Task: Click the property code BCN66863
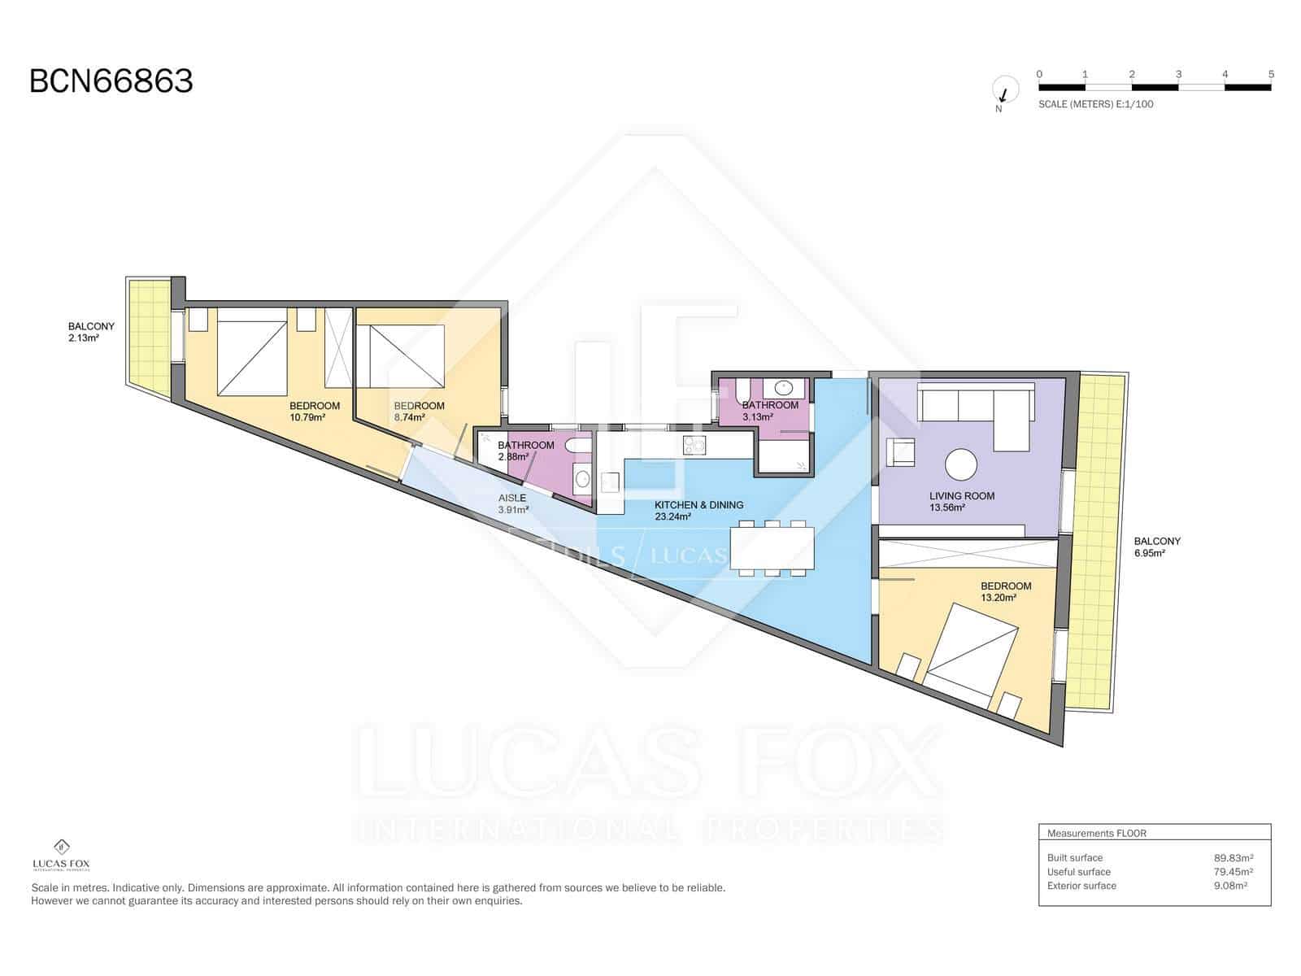(111, 81)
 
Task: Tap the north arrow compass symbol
(1005, 89)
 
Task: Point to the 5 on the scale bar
(1271, 74)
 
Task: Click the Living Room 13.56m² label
(961, 501)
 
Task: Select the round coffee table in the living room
(961, 465)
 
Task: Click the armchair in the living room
(900, 452)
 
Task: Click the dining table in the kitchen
(772, 548)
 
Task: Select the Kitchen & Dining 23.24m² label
(698, 510)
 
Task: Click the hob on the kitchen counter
(694, 445)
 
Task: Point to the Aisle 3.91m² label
(513, 503)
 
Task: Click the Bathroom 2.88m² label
(525, 451)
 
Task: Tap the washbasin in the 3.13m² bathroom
(784, 388)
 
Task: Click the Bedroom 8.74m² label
(419, 411)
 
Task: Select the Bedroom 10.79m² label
(314, 411)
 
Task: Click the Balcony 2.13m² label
(91, 331)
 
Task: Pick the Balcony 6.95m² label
(1156, 547)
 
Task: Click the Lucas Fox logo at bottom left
(60, 854)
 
